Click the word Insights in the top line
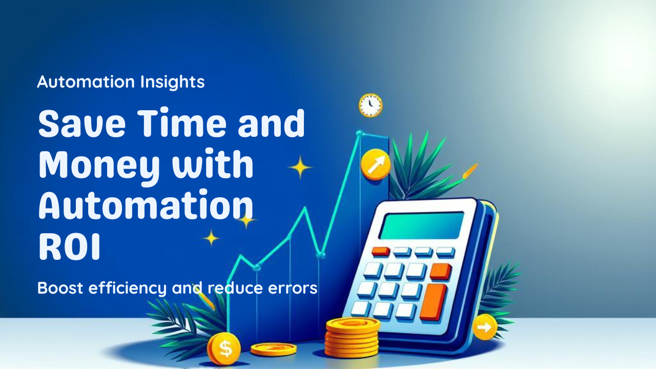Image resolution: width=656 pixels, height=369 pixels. pos(172,82)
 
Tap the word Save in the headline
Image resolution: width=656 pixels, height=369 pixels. pos(83,122)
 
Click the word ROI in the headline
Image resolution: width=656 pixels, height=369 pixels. pos(69,247)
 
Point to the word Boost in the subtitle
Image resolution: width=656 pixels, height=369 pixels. pos(60,288)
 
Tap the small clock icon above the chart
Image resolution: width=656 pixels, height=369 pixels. pos(371,105)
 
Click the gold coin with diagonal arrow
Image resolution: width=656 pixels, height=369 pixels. pos(376,165)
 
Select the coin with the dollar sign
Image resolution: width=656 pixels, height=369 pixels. pos(224,349)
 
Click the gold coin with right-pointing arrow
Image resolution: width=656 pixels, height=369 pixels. pos(485,327)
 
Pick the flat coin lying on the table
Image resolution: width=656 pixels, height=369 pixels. pos(273,349)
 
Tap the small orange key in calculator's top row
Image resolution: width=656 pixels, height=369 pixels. pos(380,251)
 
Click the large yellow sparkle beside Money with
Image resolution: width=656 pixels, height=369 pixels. pos(300,167)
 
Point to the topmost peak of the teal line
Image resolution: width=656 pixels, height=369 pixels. pos(360,134)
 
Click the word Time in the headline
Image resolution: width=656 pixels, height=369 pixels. pos(181,122)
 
